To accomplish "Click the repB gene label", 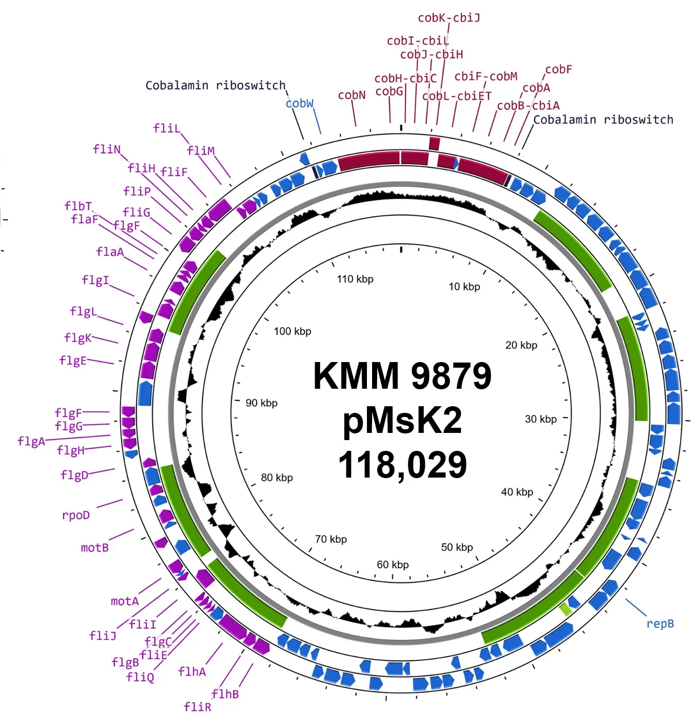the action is pos(659,624).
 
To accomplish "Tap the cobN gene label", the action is pos(352,95).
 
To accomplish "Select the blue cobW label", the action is pos(300,103).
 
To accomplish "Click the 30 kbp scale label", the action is pos(540,419).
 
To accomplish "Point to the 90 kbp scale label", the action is pos(261,403).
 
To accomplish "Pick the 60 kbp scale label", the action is pos(393,565).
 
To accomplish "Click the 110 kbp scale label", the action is pos(355,279).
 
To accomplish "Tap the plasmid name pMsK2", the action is pos(402,420).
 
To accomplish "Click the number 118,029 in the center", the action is pos(402,465).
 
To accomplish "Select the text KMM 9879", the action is pos(402,376).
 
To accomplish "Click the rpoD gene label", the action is pos(76,516).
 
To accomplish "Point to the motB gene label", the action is pos(95,547).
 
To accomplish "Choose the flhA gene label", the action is pos(192,671).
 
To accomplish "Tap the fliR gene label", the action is pos(197,707).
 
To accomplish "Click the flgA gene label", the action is pos(31,442).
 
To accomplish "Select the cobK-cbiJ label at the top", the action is pos(449,18).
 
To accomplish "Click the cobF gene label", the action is pos(558,69).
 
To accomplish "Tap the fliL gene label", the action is pos(167,128).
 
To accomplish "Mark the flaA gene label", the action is pos(110,252).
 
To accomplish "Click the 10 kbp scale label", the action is pos(464,287).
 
